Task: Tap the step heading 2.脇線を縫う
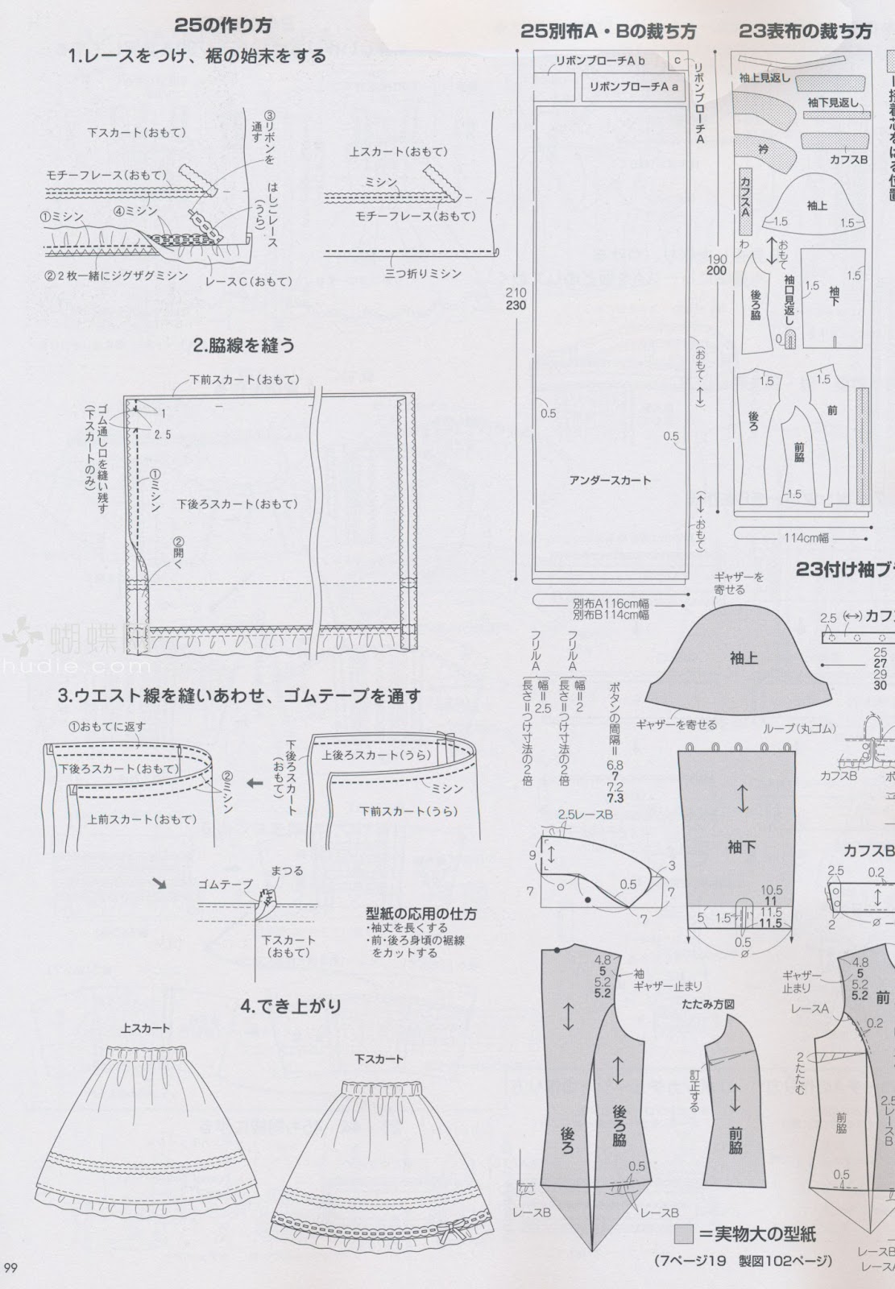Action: (243, 346)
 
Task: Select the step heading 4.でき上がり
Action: (291, 1005)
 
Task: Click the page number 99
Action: (11, 1270)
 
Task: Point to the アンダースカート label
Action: (610, 480)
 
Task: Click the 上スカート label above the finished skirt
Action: (145, 1029)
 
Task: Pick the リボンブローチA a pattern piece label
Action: (633, 86)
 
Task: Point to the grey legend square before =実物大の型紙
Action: (684, 1233)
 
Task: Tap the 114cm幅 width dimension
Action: (805, 537)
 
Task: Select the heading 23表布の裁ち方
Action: (805, 32)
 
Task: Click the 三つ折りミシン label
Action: (423, 273)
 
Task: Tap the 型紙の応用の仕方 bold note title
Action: (421, 914)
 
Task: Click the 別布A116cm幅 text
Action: (611, 603)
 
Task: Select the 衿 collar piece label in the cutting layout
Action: (763, 149)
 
